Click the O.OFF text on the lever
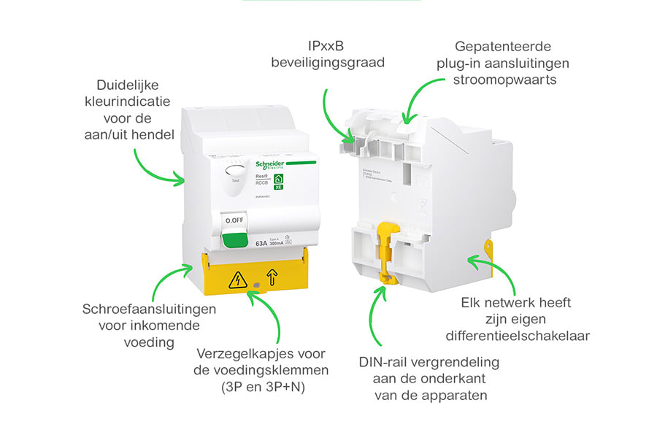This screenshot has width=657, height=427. [235, 220]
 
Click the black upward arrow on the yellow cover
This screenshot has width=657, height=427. [271, 277]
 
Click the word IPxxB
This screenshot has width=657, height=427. [327, 45]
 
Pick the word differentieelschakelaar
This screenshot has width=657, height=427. [517, 336]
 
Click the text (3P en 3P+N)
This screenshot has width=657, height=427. [262, 387]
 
